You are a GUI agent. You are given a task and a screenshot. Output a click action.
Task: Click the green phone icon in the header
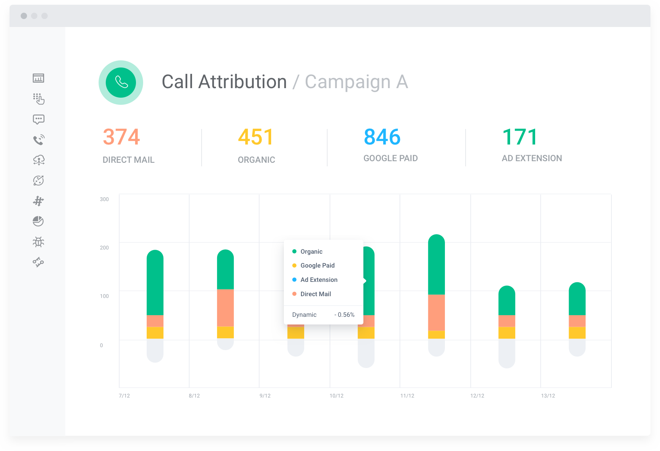coord(121,83)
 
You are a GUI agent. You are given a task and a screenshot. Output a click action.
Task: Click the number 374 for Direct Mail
coord(121,137)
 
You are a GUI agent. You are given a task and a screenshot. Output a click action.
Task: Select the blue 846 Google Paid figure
coord(382,137)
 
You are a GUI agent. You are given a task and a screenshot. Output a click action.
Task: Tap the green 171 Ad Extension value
coord(520,137)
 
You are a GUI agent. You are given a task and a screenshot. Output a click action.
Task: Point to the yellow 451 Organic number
coord(256,137)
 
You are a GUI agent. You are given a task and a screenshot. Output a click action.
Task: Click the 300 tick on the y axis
coord(104,199)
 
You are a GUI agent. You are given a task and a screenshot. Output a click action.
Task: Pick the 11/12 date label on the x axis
coord(407,396)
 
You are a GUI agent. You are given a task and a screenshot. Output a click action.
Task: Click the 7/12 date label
coord(124,396)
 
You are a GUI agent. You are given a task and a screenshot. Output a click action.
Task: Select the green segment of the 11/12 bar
coord(437,266)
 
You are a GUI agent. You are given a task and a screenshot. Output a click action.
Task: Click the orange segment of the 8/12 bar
coord(225,308)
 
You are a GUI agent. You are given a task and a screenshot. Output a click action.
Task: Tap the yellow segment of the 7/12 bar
coord(155,333)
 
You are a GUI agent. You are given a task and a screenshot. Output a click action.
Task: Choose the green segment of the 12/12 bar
coord(507,302)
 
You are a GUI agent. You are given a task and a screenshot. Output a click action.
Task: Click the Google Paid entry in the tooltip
coord(317,266)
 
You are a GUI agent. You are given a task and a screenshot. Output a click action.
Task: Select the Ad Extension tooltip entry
coord(319,280)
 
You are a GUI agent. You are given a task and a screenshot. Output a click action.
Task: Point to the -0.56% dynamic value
coord(344,315)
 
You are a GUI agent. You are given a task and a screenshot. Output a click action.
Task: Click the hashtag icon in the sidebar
coord(39,201)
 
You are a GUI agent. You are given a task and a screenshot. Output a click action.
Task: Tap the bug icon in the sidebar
coord(39,242)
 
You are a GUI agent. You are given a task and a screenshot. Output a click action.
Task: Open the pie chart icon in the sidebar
coord(38,221)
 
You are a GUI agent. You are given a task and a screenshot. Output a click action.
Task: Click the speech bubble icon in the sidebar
coord(39,119)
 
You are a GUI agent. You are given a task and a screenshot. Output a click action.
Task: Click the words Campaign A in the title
coord(356,82)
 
